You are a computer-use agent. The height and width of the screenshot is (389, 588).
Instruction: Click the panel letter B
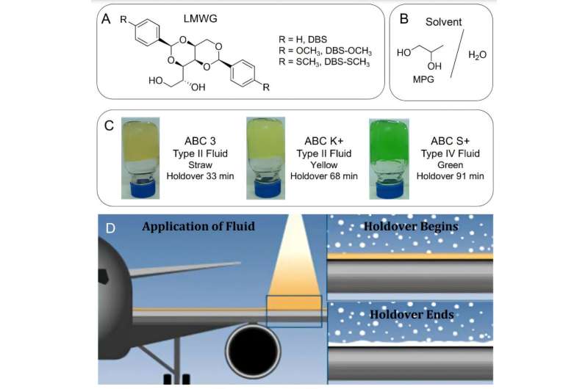(402, 17)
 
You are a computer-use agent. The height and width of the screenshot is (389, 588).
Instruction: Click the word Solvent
(444, 22)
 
